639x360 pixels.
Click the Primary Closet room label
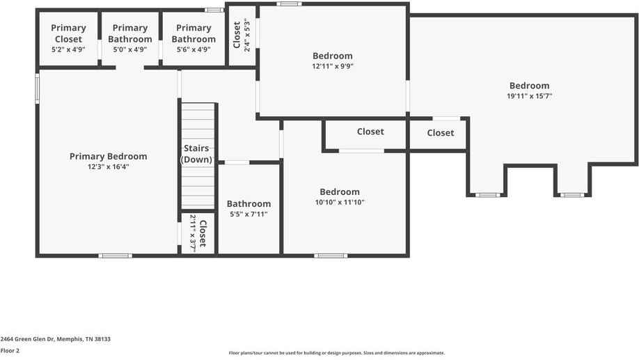(68, 33)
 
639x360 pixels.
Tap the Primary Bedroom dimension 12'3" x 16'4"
(108, 167)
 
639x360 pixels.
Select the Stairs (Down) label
(198, 154)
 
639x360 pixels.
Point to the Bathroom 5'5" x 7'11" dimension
(248, 214)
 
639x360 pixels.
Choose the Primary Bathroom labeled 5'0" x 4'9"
(130, 33)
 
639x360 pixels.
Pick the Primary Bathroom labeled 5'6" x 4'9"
(194, 33)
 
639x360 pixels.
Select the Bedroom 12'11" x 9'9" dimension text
(332, 67)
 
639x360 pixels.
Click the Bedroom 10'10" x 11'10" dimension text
(340, 203)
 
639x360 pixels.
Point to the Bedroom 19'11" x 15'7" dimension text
(529, 97)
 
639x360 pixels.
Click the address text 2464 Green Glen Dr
(56, 339)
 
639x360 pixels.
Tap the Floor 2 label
(10, 350)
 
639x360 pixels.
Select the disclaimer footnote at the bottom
(337, 353)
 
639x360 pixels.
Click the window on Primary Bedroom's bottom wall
(115, 256)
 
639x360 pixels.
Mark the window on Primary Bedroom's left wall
(38, 88)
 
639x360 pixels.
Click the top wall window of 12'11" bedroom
(288, 4)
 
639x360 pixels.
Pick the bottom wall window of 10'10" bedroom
(330, 256)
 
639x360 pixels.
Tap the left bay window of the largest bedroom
(487, 195)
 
